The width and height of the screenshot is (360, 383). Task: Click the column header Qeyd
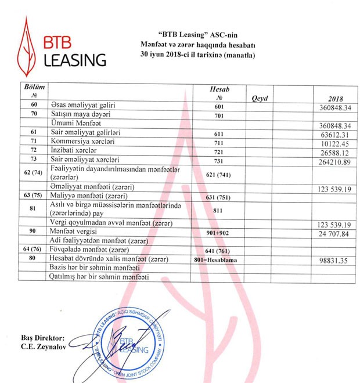[x=260, y=98]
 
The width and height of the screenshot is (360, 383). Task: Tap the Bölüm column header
[x=34, y=90]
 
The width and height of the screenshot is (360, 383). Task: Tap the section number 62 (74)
[x=34, y=172]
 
